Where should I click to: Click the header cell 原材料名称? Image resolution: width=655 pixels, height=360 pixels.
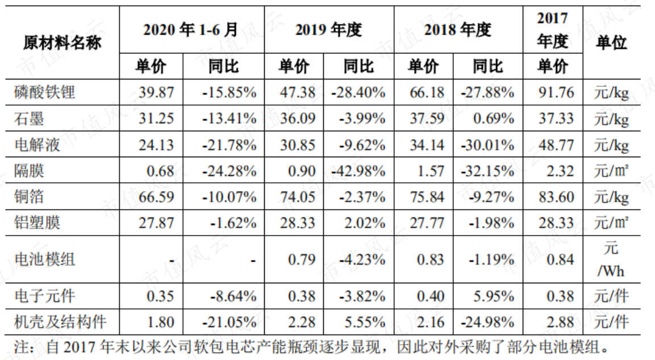tap(62, 42)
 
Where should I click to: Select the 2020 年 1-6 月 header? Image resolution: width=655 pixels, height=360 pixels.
tap(191, 30)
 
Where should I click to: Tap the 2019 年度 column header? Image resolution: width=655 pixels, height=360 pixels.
tap(329, 30)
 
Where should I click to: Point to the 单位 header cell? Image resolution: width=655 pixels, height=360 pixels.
tap(612, 42)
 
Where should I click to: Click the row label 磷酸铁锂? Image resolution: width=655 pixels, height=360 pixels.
tap(44, 93)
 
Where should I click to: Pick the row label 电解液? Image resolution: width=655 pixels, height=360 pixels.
tap(37, 145)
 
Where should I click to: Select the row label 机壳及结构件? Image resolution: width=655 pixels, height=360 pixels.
tap(60, 322)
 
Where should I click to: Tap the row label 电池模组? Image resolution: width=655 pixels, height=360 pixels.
tap(44, 259)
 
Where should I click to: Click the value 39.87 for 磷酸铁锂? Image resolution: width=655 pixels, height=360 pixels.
tap(156, 93)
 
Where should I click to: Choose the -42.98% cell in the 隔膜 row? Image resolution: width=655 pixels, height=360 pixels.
tap(358, 171)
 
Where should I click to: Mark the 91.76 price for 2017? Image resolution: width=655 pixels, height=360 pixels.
tap(556, 93)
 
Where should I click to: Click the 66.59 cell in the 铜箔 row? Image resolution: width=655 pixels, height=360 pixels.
tap(156, 196)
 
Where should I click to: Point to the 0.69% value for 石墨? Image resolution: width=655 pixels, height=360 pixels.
tap(493, 119)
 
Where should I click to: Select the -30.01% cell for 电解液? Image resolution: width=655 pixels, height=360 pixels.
tap(487, 145)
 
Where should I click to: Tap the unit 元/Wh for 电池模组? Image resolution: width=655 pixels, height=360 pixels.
tap(611, 259)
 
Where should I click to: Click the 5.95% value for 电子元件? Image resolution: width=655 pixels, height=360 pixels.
tap(493, 296)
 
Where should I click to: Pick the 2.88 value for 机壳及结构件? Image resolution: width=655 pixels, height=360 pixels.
tap(560, 322)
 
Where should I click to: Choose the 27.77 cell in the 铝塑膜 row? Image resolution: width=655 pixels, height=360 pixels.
tap(427, 223)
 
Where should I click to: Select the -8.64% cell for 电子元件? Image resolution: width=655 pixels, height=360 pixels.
tap(233, 296)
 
